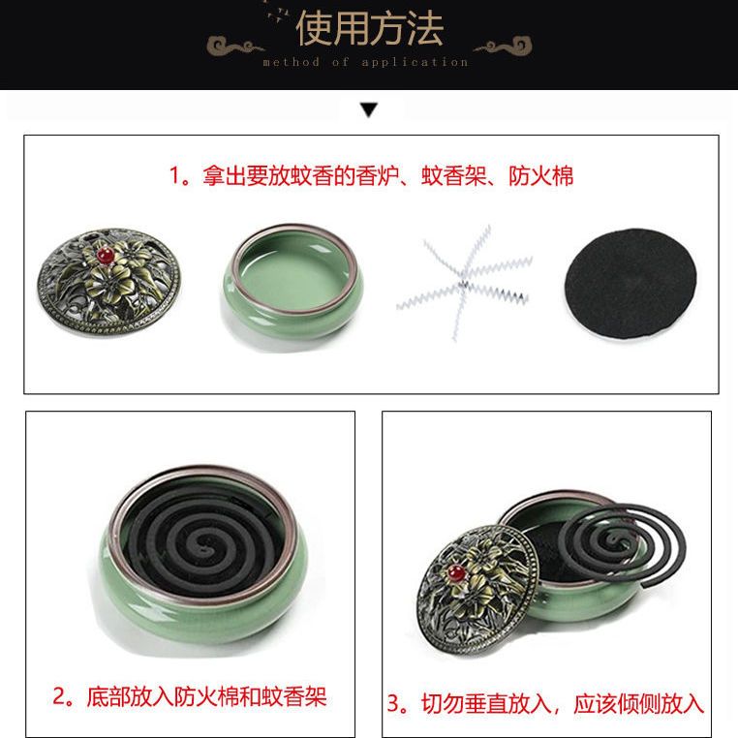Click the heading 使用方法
coord(369,29)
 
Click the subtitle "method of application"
coord(366,62)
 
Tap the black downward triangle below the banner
coord(369,110)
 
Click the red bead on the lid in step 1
coord(106,256)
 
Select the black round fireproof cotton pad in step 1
coord(630,284)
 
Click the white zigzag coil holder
coord(465,281)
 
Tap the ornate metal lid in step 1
coord(108,281)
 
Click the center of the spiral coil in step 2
coord(203,548)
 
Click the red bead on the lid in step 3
coord(455,573)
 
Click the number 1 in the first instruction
coord(174,176)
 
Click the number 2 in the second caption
coord(60,696)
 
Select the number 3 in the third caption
coord(393,704)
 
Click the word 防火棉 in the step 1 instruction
coord(540,176)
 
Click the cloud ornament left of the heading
coord(234,46)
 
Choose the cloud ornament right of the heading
coord(503,46)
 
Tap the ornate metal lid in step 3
coord(477,591)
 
